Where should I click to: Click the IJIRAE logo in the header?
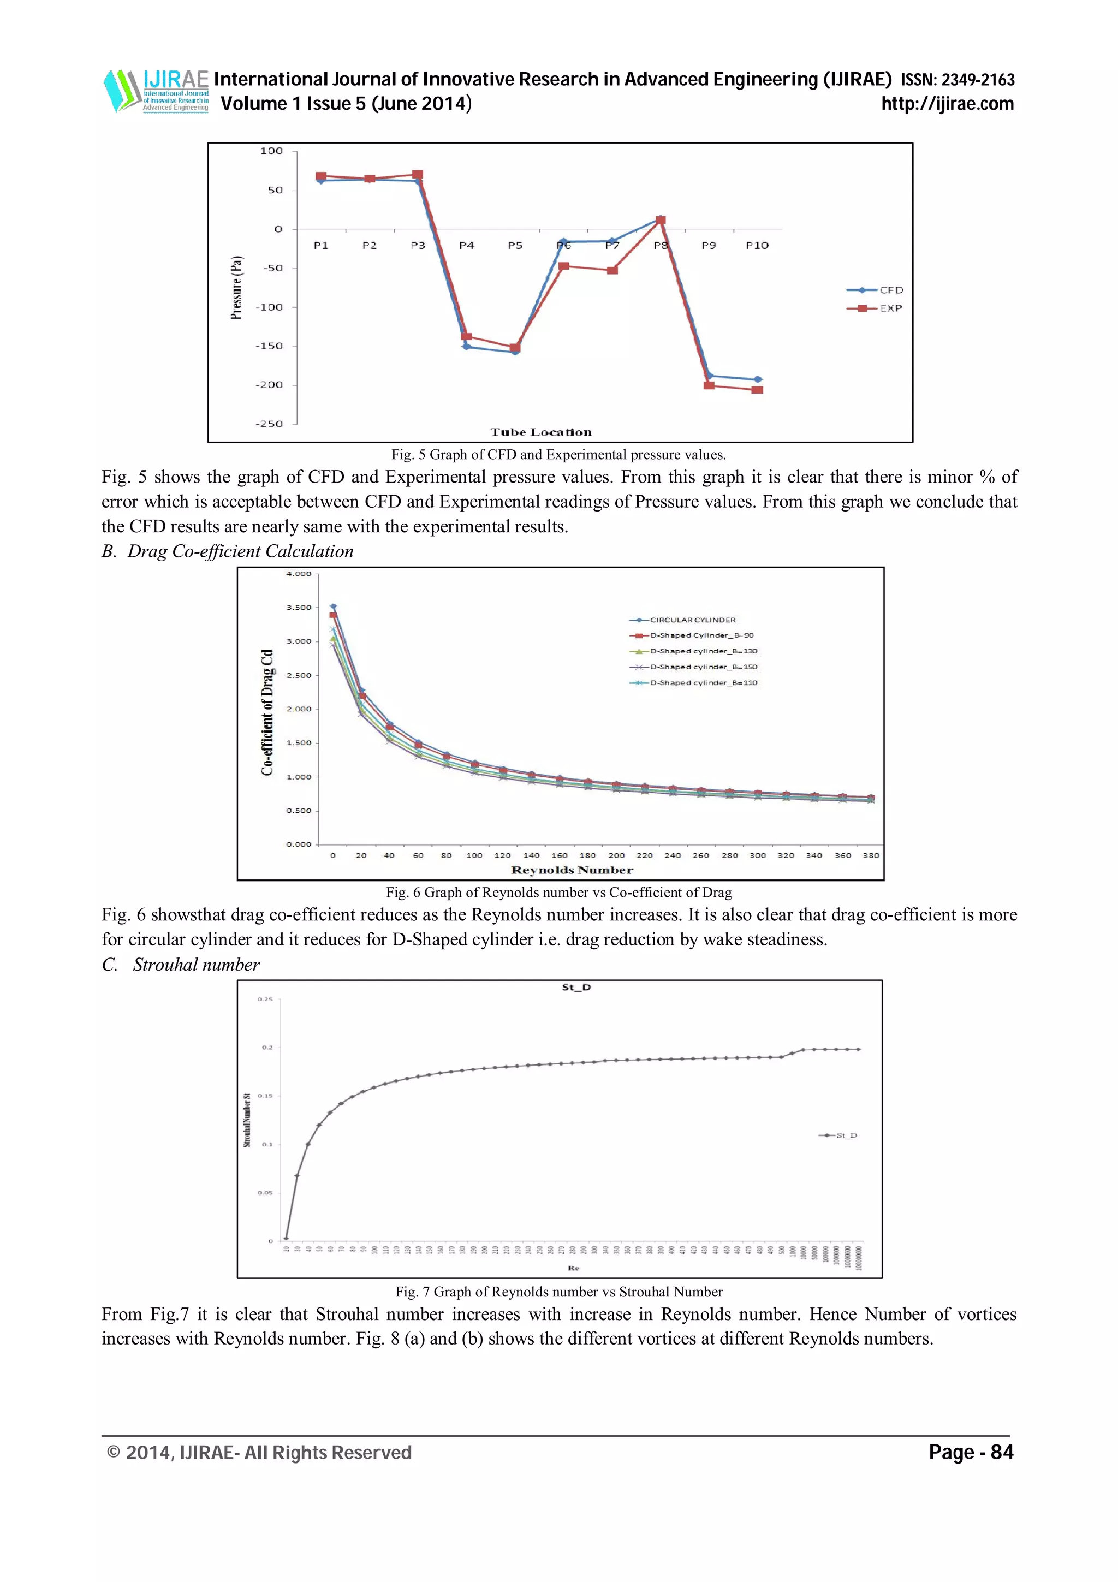coord(156,90)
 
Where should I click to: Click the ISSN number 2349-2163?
coord(978,80)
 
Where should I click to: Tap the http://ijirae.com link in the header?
coord(947,104)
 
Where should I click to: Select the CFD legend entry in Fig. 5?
coord(876,290)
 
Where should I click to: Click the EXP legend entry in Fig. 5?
coord(876,308)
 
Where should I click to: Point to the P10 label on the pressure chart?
coord(757,245)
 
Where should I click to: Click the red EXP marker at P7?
coord(612,270)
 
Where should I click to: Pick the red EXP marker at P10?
coord(757,390)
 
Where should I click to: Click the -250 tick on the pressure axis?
coord(269,424)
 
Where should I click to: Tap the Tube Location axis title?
coord(541,433)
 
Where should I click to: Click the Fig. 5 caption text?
coord(558,455)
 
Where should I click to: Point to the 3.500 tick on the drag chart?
coord(299,608)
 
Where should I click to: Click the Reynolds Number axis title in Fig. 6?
coord(572,870)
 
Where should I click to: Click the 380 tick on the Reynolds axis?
coord(871,856)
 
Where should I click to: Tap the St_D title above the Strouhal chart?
coord(576,988)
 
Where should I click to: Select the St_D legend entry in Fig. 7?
coord(838,1135)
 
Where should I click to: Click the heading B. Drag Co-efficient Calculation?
coord(227,551)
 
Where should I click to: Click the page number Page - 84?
coord(971,1453)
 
